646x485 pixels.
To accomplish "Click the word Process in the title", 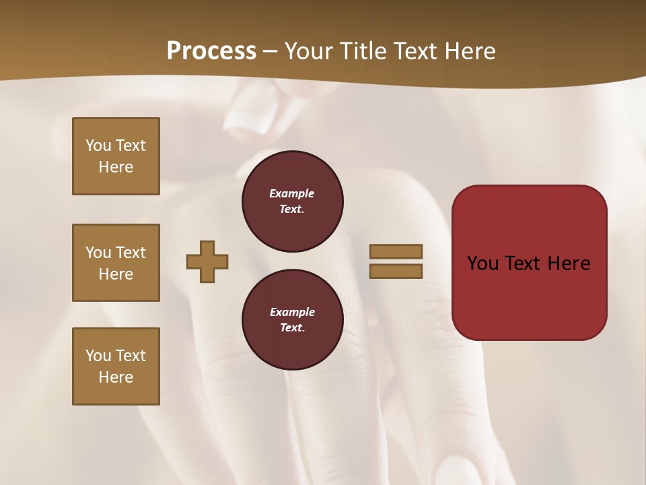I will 211,51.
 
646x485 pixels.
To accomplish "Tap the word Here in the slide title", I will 467,51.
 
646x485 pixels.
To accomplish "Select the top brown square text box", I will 116,156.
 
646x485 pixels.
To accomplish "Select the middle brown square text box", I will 116,263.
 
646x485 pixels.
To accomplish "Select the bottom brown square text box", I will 116,366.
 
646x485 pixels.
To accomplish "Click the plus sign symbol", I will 207,261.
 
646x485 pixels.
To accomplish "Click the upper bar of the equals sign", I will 396,251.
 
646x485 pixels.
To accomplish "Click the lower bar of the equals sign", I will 396,271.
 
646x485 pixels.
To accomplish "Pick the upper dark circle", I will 292,201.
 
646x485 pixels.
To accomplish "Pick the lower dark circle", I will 292,320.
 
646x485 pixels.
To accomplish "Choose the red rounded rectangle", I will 529,263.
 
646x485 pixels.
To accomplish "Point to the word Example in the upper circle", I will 291,193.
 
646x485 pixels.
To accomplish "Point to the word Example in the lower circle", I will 292,312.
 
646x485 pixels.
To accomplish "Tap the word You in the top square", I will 98,145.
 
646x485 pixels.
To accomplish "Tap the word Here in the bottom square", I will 116,377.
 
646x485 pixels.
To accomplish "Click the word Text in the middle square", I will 131,253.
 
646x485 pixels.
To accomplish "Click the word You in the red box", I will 482,263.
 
